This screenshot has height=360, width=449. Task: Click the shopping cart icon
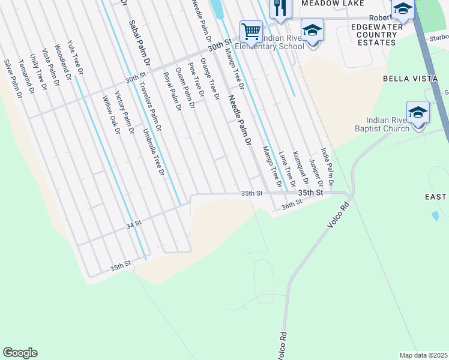pyautogui.click(x=251, y=31)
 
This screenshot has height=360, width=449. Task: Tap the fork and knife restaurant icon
pyautogui.click(x=280, y=8)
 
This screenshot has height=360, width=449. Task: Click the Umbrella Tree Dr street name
pyautogui.click(x=154, y=152)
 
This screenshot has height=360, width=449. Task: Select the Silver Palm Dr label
pyautogui.click(x=13, y=79)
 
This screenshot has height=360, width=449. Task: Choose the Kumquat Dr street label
pyautogui.click(x=300, y=167)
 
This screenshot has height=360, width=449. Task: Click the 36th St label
pyautogui.click(x=291, y=205)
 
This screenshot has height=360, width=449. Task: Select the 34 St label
pyautogui.click(x=133, y=223)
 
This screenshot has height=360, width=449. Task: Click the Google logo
pyautogui.click(x=20, y=353)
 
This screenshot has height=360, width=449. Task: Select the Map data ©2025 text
pyautogui.click(x=423, y=355)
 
